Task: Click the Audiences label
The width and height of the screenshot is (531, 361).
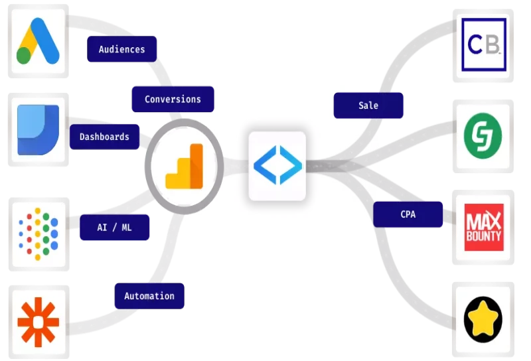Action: tap(122, 49)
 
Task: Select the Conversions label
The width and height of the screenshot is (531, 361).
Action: tap(173, 100)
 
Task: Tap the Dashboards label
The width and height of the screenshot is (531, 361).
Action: tap(104, 137)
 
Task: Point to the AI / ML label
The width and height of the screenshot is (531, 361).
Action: tap(115, 227)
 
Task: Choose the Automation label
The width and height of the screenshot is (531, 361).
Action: tap(149, 296)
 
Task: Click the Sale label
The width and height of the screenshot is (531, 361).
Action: tap(368, 106)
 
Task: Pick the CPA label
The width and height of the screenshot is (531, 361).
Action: tap(408, 214)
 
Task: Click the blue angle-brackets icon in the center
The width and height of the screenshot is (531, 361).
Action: tap(277, 166)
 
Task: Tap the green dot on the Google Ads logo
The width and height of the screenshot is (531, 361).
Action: tap(24, 55)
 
